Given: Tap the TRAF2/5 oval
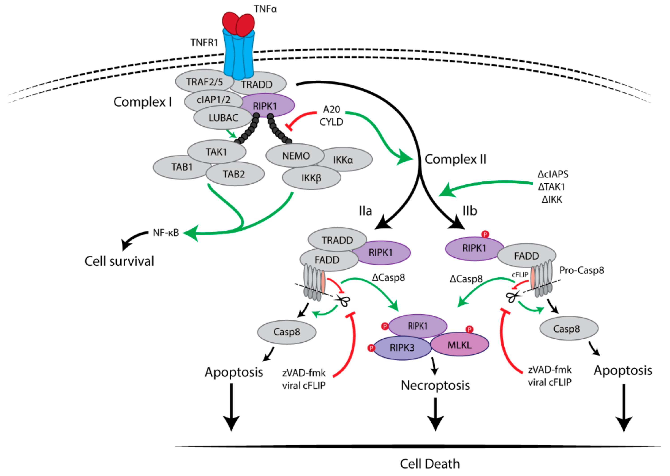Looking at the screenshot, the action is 204,81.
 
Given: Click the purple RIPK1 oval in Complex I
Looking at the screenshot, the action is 265,106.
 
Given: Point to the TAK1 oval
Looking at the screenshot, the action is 217,152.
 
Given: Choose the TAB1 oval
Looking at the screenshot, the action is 182,167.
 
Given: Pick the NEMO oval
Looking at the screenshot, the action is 295,156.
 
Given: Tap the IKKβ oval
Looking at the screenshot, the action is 312,178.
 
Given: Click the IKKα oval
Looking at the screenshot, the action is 343,159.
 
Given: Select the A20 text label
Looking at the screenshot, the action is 331,109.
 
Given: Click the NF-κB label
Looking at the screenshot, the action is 166,233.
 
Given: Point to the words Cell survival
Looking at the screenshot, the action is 119,261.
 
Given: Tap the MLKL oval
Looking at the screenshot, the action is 459,345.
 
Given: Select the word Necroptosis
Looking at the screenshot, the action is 435,385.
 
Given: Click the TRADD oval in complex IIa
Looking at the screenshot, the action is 337,240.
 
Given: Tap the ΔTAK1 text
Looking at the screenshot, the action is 551,187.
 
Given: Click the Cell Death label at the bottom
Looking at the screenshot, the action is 430,464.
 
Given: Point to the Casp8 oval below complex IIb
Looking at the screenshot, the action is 569,329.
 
